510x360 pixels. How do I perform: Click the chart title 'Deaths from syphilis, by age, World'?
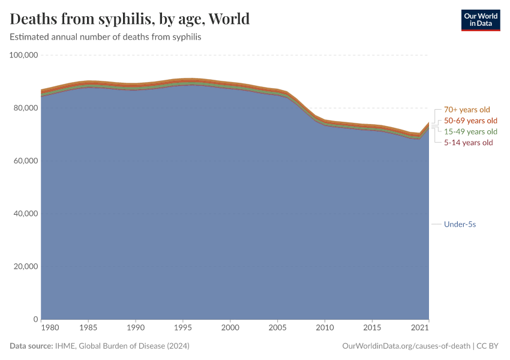[x=130, y=19]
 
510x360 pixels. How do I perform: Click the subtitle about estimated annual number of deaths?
[x=105, y=37]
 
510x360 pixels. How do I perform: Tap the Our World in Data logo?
[x=480, y=20]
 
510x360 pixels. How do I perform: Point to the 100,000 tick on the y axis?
[x=24, y=55]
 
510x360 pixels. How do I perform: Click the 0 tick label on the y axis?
[x=36, y=319]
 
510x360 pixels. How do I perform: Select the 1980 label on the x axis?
[x=50, y=328]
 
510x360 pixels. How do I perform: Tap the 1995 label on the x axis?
[x=182, y=328]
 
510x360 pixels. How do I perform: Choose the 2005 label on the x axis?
[x=277, y=328]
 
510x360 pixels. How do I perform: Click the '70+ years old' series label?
[x=467, y=110]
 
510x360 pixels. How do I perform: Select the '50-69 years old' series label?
[x=470, y=121]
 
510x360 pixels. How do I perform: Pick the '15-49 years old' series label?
[x=470, y=131]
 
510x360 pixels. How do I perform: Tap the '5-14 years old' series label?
[x=468, y=143]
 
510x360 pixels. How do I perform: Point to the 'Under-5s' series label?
[x=460, y=224]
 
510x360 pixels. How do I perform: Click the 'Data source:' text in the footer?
[x=31, y=346]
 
